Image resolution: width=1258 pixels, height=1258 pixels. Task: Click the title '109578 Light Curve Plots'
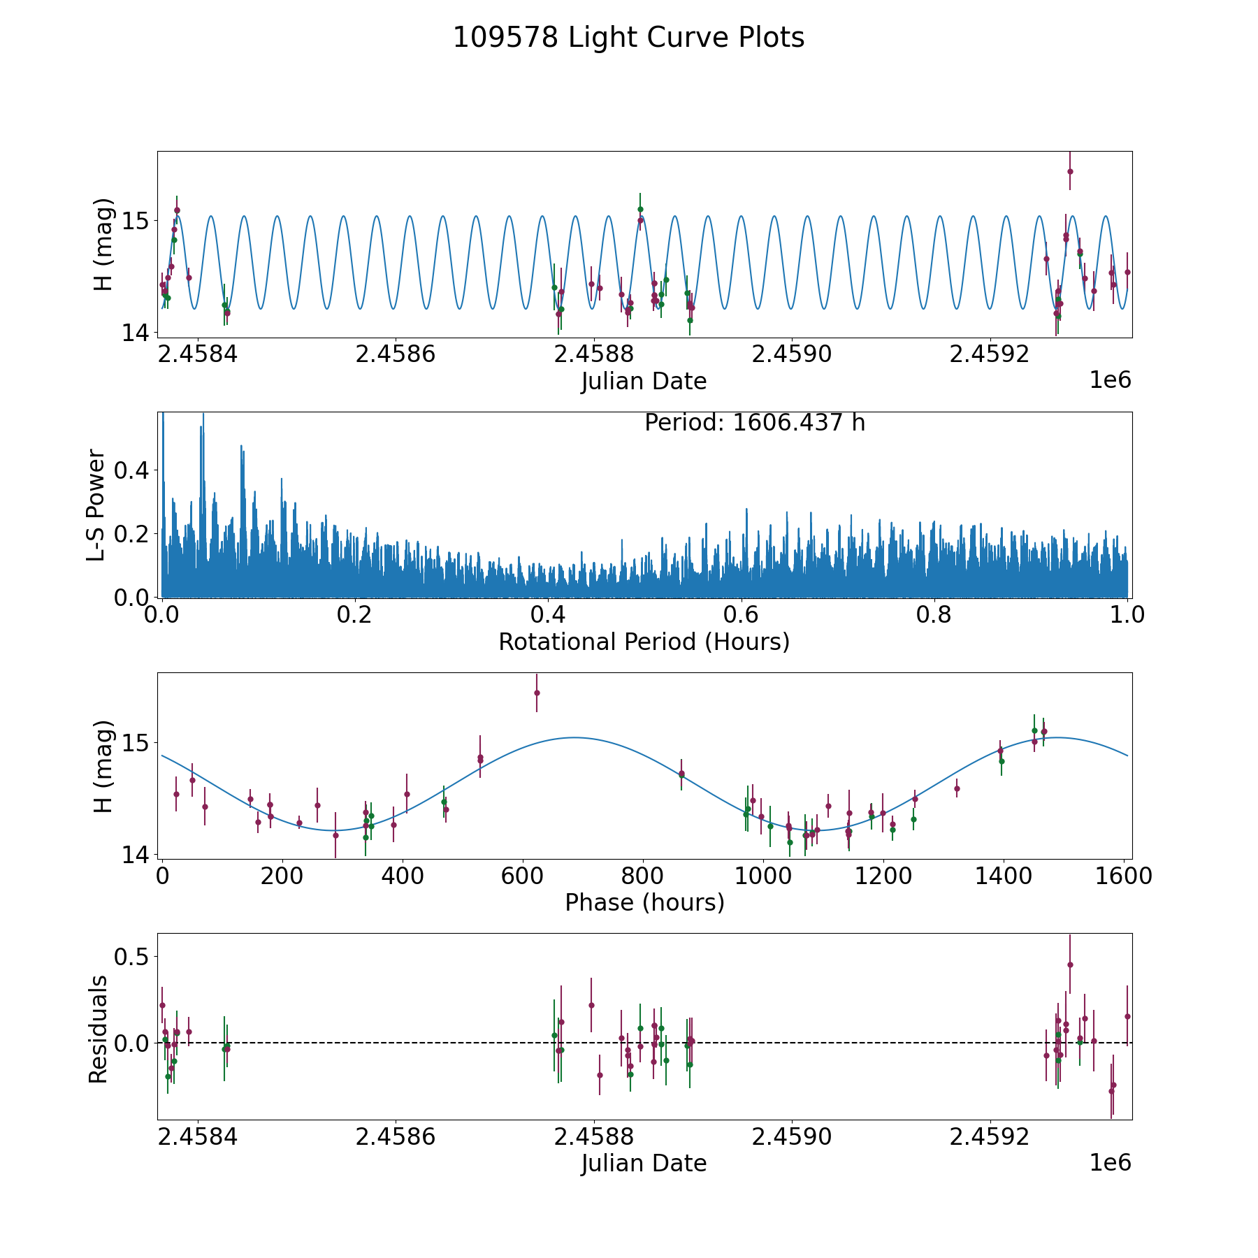click(x=628, y=38)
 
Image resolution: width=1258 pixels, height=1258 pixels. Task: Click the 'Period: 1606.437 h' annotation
click(x=755, y=423)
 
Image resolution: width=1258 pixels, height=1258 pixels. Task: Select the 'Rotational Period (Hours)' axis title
click(x=644, y=642)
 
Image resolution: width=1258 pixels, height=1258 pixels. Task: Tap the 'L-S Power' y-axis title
click(x=96, y=505)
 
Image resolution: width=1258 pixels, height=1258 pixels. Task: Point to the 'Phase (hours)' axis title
click(x=644, y=902)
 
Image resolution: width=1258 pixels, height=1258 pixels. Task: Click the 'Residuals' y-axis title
click(x=98, y=1029)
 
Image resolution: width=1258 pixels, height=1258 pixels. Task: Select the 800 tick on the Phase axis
click(x=642, y=876)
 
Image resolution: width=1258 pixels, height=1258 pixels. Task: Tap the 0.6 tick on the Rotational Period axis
click(x=741, y=616)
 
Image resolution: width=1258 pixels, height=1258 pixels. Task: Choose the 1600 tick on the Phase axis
click(x=1122, y=876)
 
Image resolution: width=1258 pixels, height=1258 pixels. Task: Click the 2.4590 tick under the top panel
click(x=791, y=355)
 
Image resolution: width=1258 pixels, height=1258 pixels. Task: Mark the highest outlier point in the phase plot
click(x=537, y=693)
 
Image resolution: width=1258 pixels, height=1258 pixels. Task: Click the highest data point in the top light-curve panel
click(x=1070, y=171)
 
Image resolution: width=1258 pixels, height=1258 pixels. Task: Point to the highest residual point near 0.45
click(x=1070, y=964)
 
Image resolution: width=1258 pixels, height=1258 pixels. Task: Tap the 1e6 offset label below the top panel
click(x=1110, y=381)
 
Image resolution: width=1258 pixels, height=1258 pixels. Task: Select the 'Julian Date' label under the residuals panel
click(x=644, y=1163)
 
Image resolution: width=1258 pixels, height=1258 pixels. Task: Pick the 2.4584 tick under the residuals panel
click(x=198, y=1137)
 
